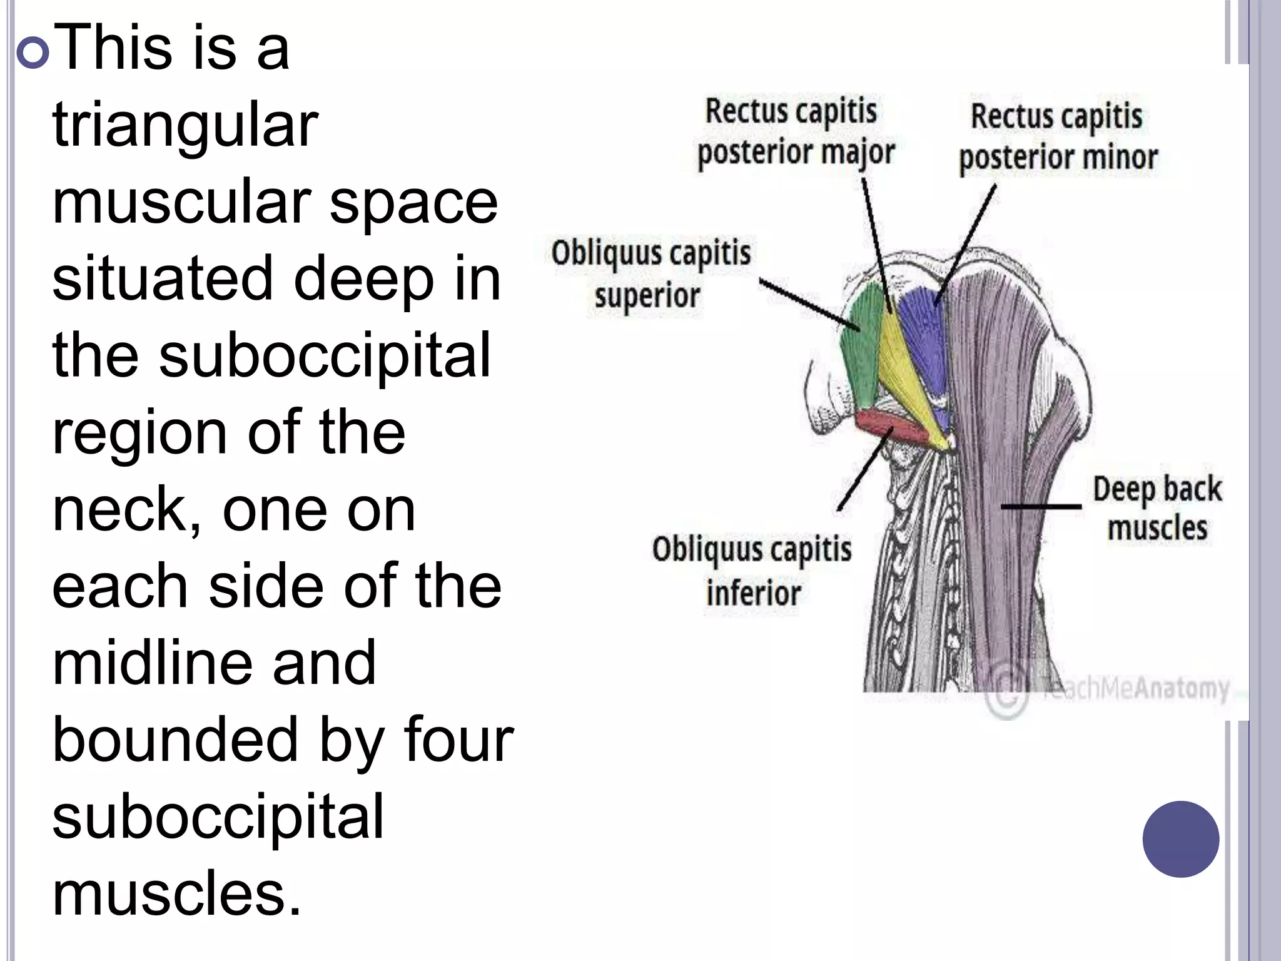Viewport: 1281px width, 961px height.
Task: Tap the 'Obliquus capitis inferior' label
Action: [x=752, y=571]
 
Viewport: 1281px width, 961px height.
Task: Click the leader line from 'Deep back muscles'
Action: [x=1041, y=506]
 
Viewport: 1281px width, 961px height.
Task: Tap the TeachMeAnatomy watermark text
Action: [x=1135, y=688]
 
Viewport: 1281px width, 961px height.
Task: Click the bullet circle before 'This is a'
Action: [x=32, y=51]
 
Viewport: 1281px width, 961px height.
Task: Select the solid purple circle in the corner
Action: [x=1180, y=838]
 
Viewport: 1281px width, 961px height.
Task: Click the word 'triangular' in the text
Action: [x=185, y=125]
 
